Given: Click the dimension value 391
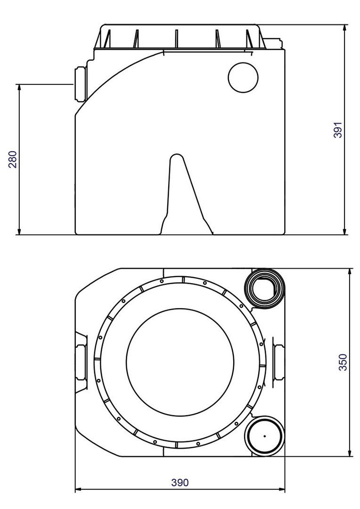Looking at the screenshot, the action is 338,130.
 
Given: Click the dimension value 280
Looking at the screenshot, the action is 13,159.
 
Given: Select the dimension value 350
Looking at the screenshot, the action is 343,362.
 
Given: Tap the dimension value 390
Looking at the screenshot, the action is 180,483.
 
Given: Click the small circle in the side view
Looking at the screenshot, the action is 243,77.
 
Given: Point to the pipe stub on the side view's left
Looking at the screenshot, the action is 81,84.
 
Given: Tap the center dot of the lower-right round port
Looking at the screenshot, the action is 265,436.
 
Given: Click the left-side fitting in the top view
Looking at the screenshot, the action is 81,362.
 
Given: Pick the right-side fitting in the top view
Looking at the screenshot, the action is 278,362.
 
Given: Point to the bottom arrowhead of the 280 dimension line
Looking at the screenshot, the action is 19,230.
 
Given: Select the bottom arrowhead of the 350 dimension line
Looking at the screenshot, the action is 350,452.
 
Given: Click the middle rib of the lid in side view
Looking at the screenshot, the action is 176,39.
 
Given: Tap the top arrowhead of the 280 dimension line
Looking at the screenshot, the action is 19,88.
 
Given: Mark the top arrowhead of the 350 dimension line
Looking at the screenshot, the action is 350,272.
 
